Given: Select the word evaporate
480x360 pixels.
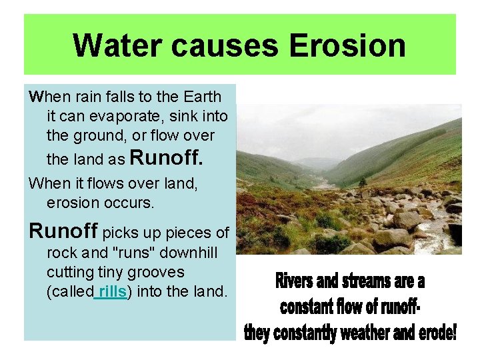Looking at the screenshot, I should (123, 117).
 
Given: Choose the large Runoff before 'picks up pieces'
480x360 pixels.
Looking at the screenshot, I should (64, 231).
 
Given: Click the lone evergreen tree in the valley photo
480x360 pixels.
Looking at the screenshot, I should (363, 181).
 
